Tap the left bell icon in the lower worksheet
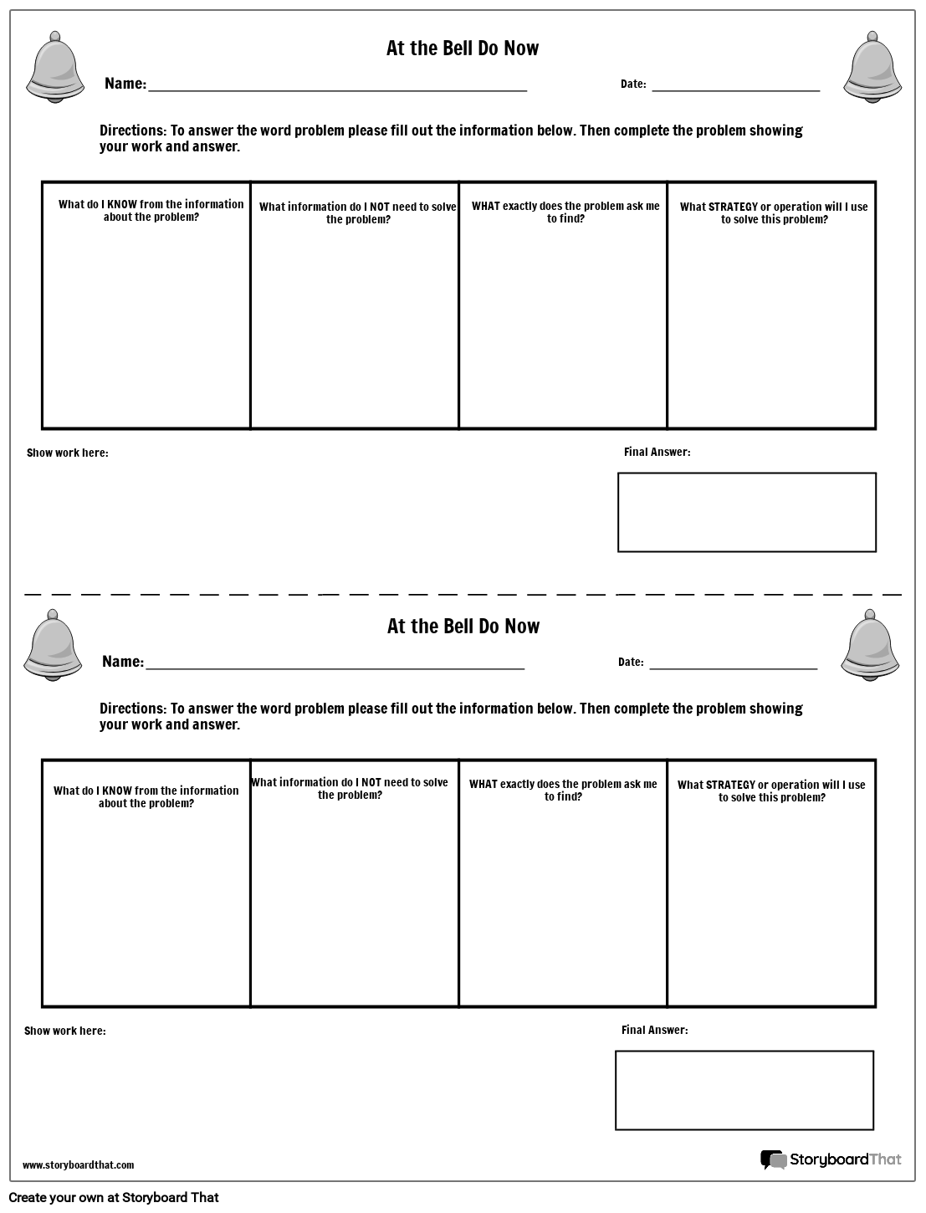pyautogui.click(x=54, y=645)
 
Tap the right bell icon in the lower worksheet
pyautogui.click(x=871, y=645)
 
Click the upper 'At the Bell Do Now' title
pyautogui.click(x=463, y=49)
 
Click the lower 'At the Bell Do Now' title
pyautogui.click(x=463, y=627)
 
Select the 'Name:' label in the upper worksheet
pyautogui.click(x=125, y=84)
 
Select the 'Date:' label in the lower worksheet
pyautogui.click(x=631, y=663)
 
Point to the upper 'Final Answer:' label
pyautogui.click(x=657, y=452)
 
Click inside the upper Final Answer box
pyautogui.click(x=746, y=512)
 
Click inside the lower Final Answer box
pyautogui.click(x=744, y=1090)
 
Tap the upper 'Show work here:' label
pyautogui.click(x=67, y=453)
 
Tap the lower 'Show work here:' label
pyautogui.click(x=64, y=1031)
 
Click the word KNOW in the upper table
pyautogui.click(x=121, y=204)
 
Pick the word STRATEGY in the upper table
pyautogui.click(x=732, y=207)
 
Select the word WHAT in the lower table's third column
pyautogui.click(x=483, y=785)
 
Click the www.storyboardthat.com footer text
pyautogui.click(x=78, y=1164)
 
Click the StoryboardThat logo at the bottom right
pyautogui.click(x=831, y=1159)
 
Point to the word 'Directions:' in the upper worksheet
pyautogui.click(x=133, y=131)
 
